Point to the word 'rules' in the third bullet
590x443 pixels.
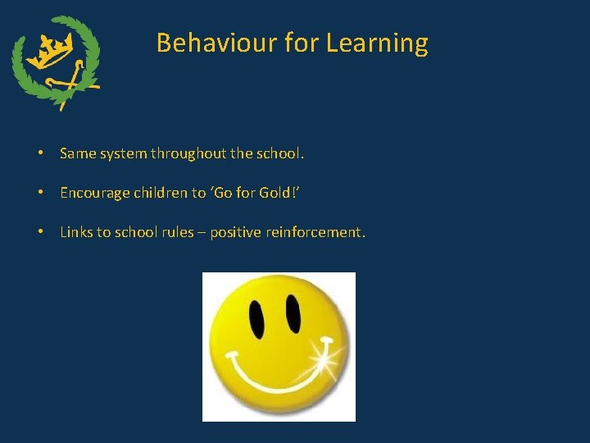pyautogui.click(x=181, y=232)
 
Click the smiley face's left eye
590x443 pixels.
pyautogui.click(x=256, y=314)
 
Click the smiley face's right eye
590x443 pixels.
pyautogui.click(x=292, y=313)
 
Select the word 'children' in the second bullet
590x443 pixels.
pyautogui.click(x=161, y=193)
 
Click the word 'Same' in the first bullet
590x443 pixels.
pyautogui.click(x=77, y=153)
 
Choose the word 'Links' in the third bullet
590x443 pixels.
pyautogui.click(x=76, y=232)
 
